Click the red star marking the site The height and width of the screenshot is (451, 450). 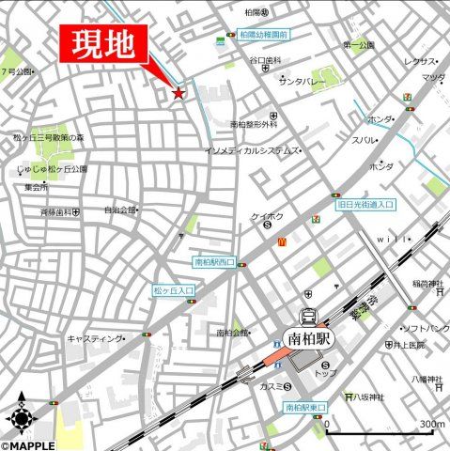pos(178,92)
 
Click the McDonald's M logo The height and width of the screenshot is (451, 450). pos(281,241)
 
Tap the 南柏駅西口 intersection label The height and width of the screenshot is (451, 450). pos(213,262)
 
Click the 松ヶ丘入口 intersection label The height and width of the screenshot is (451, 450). pos(174,292)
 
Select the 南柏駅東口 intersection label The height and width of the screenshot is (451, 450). pos(304,408)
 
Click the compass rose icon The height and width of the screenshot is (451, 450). pos(21,414)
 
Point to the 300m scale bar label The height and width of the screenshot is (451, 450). pos(431,425)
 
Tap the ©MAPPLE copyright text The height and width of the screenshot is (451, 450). pos(29,444)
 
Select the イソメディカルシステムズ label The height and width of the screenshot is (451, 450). pos(251,150)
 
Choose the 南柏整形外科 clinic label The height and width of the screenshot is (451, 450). pos(254,124)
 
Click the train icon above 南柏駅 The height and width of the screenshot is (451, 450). pos(307,316)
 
